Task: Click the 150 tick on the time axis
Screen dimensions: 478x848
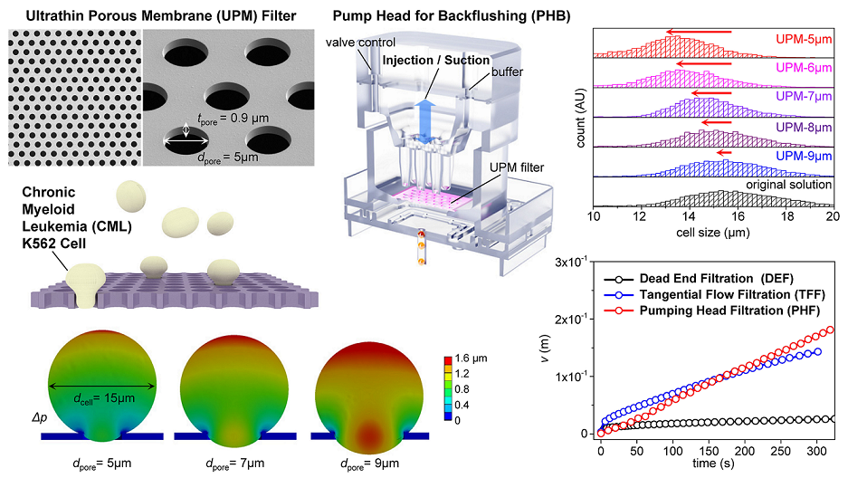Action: coord(707,451)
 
